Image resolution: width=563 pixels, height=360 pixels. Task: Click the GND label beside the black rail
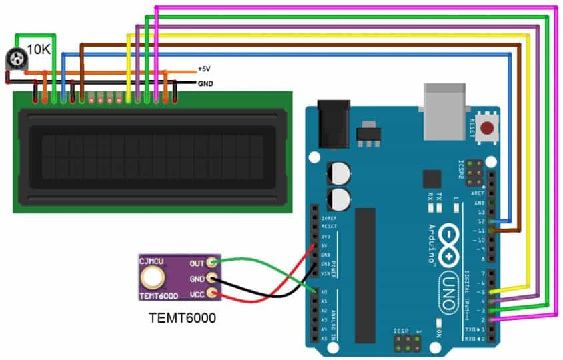pyautogui.click(x=206, y=84)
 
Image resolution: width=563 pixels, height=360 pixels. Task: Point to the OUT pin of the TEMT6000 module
pyautogui.click(x=212, y=263)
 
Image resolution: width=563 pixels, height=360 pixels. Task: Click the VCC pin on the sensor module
pyautogui.click(x=212, y=293)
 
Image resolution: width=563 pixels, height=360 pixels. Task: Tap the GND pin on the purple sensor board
pyautogui.click(x=212, y=278)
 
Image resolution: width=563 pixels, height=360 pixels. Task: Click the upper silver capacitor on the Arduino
pyautogui.click(x=338, y=175)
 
